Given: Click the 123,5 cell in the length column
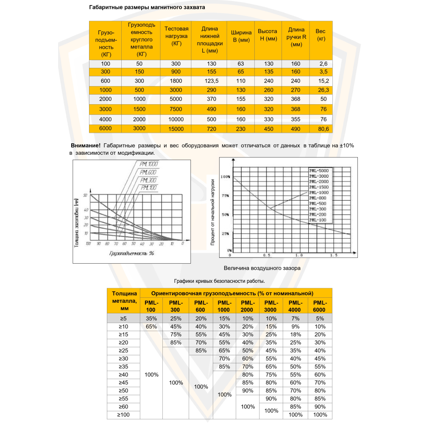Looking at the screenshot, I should tap(209, 81).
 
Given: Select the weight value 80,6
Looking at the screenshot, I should tap(321, 128).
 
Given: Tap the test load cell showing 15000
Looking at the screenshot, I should tap(176, 128).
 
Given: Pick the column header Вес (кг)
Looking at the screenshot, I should tap(321, 35).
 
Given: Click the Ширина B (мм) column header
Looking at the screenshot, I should tap(241, 36).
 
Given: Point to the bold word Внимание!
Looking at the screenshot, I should tap(86, 145).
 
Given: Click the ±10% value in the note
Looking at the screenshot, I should tap(347, 145).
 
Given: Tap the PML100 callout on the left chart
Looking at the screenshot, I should tap(149, 188).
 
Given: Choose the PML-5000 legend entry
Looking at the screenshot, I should tap(318, 170).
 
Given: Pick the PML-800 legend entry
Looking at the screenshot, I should tap(318, 198).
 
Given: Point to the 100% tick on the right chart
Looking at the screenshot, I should tap(225, 176).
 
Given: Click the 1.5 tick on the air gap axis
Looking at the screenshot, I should tap(333, 255).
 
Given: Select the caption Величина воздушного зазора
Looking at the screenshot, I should tap(262, 268).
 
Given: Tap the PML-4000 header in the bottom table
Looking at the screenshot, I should tap(296, 306).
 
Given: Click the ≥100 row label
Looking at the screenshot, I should tap(123, 415).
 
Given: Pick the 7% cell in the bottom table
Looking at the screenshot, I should tap(296, 318).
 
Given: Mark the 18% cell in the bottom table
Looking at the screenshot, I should tap(296, 335).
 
